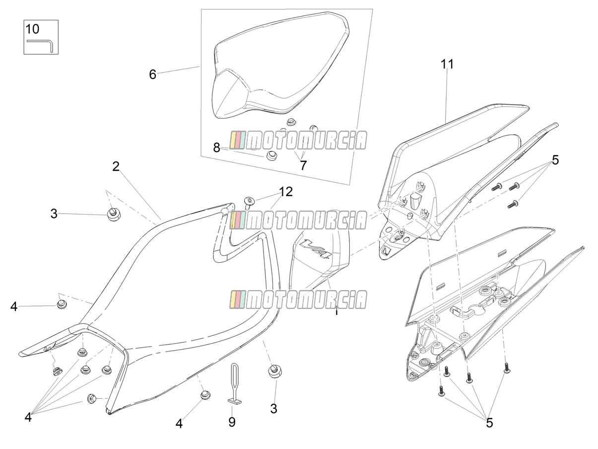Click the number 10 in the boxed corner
tap(32, 29)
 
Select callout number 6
tap(152, 75)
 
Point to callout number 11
tap(447, 64)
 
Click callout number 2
tap(116, 166)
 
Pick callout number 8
tap(216, 148)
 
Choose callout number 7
tap(303, 165)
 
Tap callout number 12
tap(286, 192)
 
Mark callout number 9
tap(232, 422)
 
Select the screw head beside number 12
tap(249, 202)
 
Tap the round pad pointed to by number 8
tap(270, 155)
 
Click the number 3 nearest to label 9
tap(273, 409)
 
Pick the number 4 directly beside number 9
tap(179, 424)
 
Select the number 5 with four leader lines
tap(490, 423)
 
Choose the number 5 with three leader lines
tap(555, 160)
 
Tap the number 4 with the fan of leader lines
tap(28, 417)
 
